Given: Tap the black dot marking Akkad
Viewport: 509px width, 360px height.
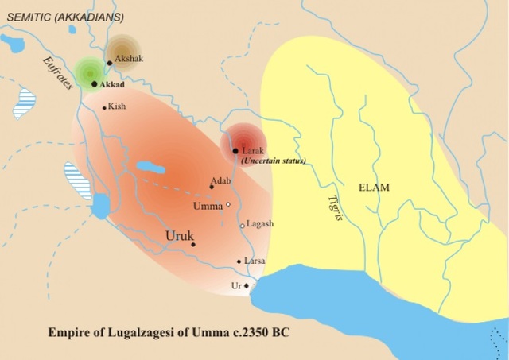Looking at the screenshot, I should point(95,83).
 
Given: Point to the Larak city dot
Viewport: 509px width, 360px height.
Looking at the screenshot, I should point(235,150).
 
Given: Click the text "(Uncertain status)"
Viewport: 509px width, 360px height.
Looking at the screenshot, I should point(271,161).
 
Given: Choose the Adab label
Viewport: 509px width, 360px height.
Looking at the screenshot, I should point(221,180).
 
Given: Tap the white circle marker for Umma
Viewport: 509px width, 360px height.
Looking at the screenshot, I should point(228,205).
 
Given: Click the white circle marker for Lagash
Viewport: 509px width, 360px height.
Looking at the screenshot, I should point(243,226).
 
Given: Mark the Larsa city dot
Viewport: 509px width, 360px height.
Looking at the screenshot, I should point(239,261).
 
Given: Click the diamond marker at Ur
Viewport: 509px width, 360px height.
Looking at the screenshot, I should point(247,285).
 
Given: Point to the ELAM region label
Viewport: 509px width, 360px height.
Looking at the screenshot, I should point(375,188).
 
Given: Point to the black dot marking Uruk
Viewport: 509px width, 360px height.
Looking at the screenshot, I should point(193,245).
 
